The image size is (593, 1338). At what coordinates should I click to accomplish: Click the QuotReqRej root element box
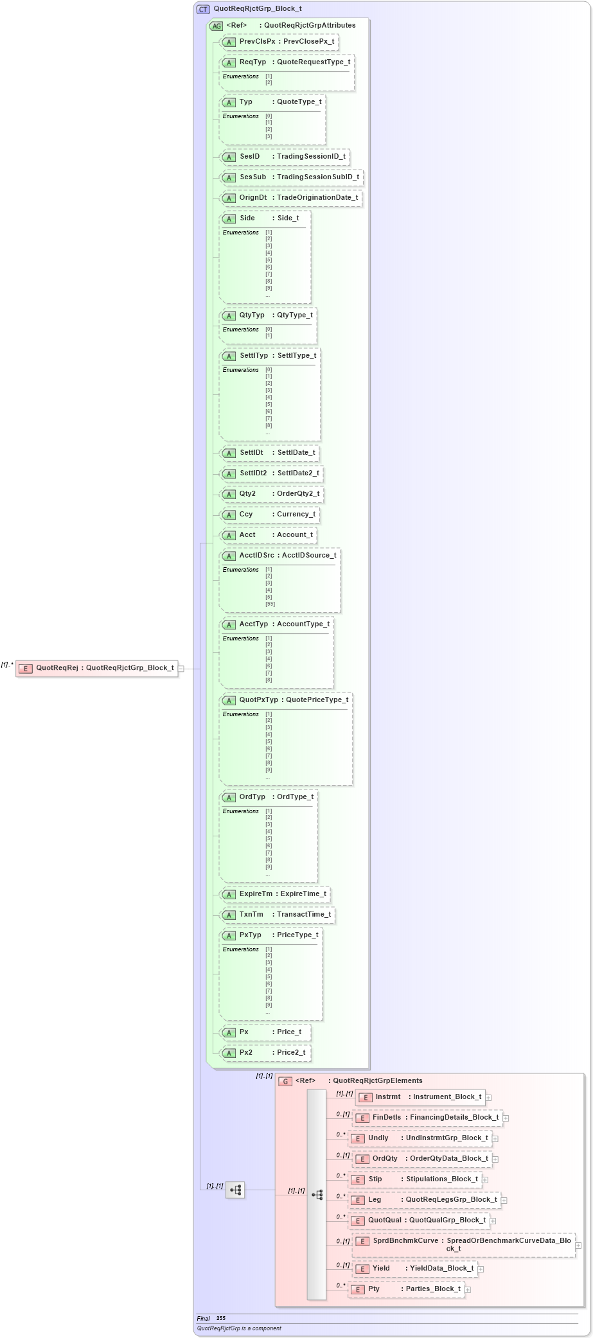[x=96, y=668]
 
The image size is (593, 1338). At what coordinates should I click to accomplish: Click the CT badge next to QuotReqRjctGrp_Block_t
[x=203, y=9]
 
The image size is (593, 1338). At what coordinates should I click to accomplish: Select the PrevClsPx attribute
[x=278, y=42]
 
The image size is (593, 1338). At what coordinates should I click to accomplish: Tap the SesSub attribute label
[x=252, y=177]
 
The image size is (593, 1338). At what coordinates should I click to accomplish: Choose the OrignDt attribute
[x=290, y=198]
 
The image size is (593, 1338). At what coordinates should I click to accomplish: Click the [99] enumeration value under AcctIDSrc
[x=270, y=604]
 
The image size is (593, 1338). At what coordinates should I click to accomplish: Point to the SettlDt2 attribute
[x=270, y=473]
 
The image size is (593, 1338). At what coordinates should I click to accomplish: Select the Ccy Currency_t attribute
[x=269, y=515]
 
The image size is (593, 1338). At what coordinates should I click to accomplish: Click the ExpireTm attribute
[x=275, y=894]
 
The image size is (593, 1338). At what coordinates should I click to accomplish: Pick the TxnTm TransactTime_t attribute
[x=277, y=915]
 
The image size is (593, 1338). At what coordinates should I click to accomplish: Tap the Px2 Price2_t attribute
[x=265, y=1053]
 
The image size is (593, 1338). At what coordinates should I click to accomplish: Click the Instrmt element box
[x=420, y=1097]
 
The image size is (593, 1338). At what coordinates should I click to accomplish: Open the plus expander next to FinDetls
[x=506, y=1118]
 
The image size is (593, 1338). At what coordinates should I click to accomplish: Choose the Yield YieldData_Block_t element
[x=415, y=1269]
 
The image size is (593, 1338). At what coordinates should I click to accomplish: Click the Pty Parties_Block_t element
[x=406, y=1289]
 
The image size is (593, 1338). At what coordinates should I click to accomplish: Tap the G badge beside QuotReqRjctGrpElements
[x=286, y=1081]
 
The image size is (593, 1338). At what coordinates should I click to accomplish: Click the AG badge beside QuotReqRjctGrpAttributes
[x=217, y=26]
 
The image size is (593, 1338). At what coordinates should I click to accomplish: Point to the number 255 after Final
[x=221, y=1318]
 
